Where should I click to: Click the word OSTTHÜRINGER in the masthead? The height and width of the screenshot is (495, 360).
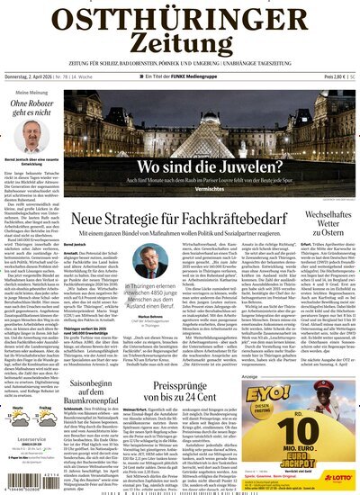180,21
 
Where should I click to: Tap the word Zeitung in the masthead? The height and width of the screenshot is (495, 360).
180,51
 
